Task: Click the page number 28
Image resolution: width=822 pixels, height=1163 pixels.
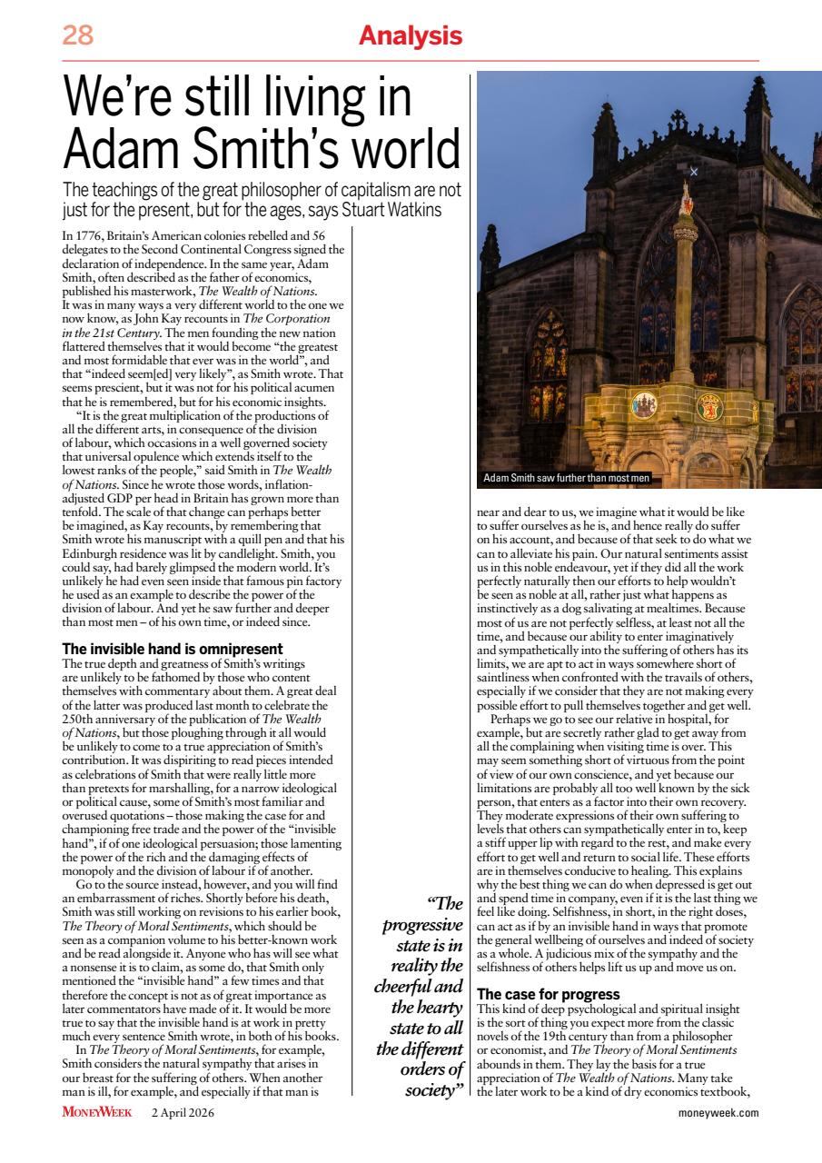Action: (78, 36)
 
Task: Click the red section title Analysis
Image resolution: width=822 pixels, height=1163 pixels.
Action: (410, 36)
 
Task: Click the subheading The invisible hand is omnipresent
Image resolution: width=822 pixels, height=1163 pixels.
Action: (173, 649)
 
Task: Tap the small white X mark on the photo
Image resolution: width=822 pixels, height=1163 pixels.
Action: (694, 171)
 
